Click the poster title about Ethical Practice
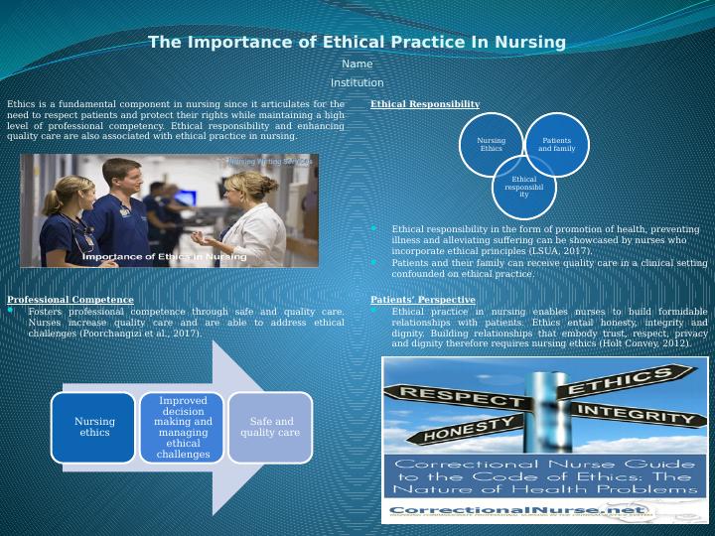[x=357, y=43]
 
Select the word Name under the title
[x=357, y=65]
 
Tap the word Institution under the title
[x=357, y=83]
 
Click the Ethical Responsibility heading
[x=424, y=104]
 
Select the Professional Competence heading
[x=70, y=300]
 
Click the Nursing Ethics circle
[x=492, y=145]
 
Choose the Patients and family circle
[x=556, y=145]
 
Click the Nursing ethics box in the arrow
[x=94, y=427]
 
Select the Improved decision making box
[x=183, y=427]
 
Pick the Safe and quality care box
[x=270, y=427]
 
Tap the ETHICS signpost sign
[x=621, y=382]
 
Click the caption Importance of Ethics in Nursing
[x=164, y=257]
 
